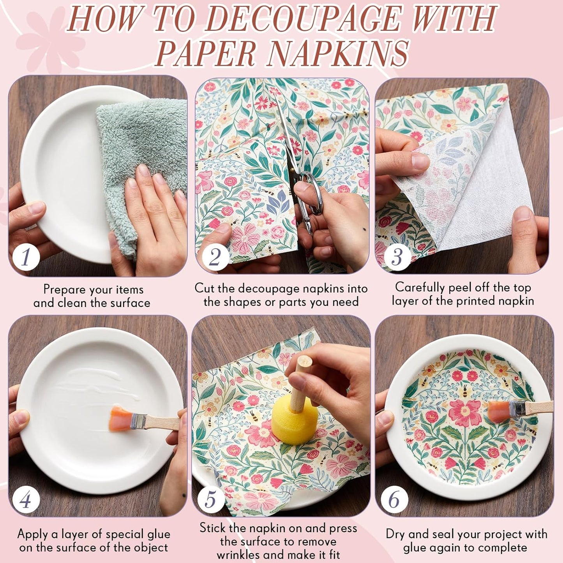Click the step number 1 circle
tap(26, 257)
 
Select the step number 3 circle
tap(397, 257)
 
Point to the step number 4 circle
tap(26, 499)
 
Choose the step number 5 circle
tap(210, 499)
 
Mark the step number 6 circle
tap(394, 499)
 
